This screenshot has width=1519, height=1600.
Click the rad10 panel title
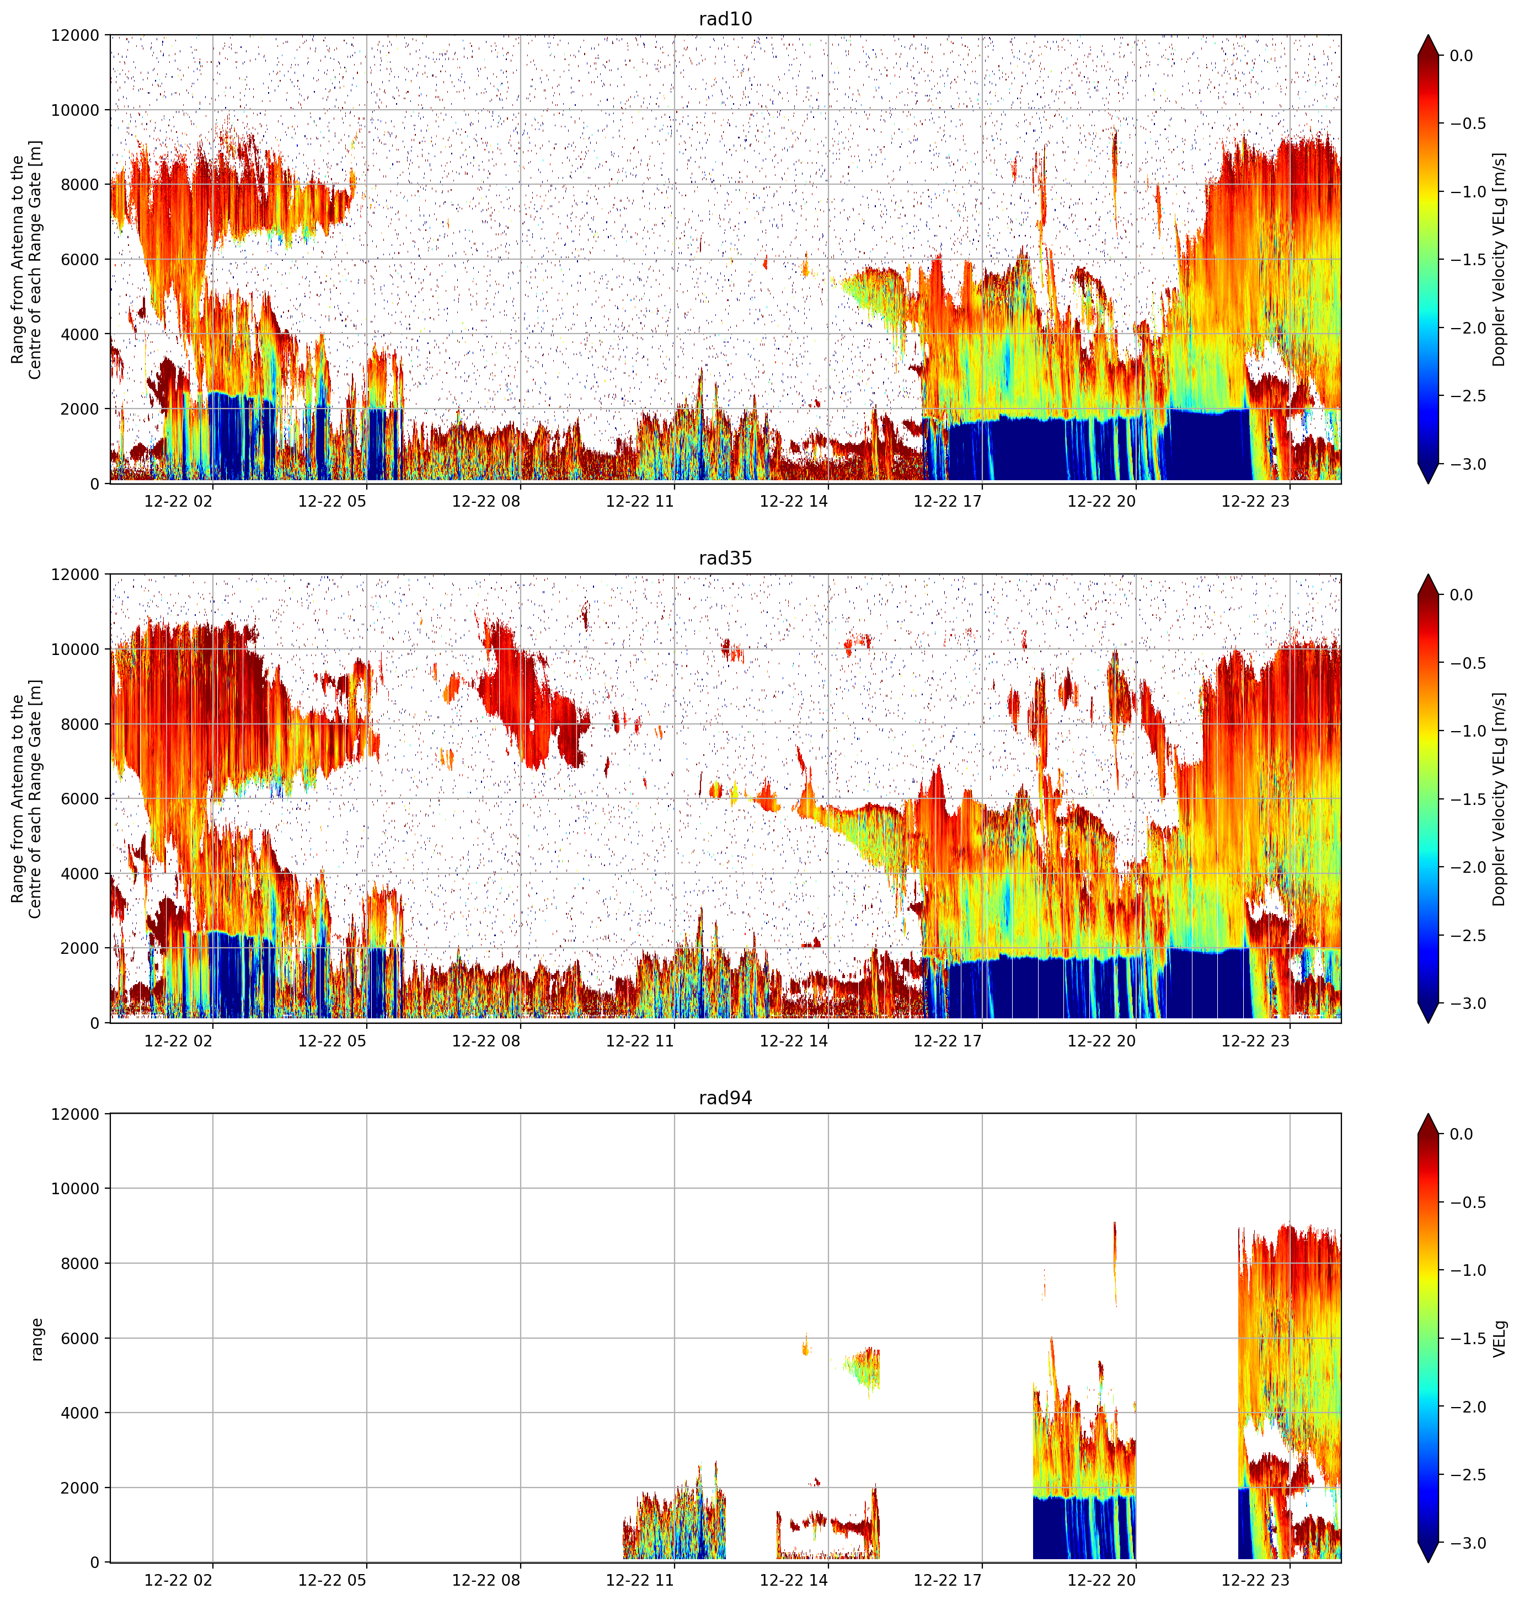(725, 19)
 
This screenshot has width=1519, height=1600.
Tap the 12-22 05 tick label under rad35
(332, 1041)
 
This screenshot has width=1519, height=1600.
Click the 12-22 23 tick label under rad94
(1255, 1580)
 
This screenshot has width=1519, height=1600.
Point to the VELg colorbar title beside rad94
(1500, 1339)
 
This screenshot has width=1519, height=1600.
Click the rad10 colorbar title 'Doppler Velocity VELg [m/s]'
(1500, 259)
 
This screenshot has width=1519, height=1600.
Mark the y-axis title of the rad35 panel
(26, 799)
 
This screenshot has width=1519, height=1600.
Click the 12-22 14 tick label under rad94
(794, 1580)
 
